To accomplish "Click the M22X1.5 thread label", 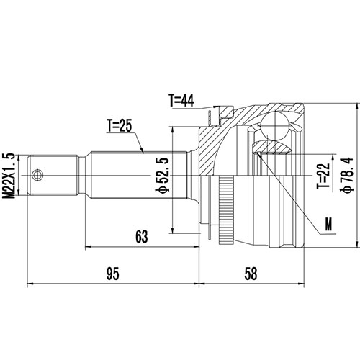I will point(9,175).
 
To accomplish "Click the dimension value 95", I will point(112,273).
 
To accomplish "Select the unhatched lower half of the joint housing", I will point(274,216).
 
